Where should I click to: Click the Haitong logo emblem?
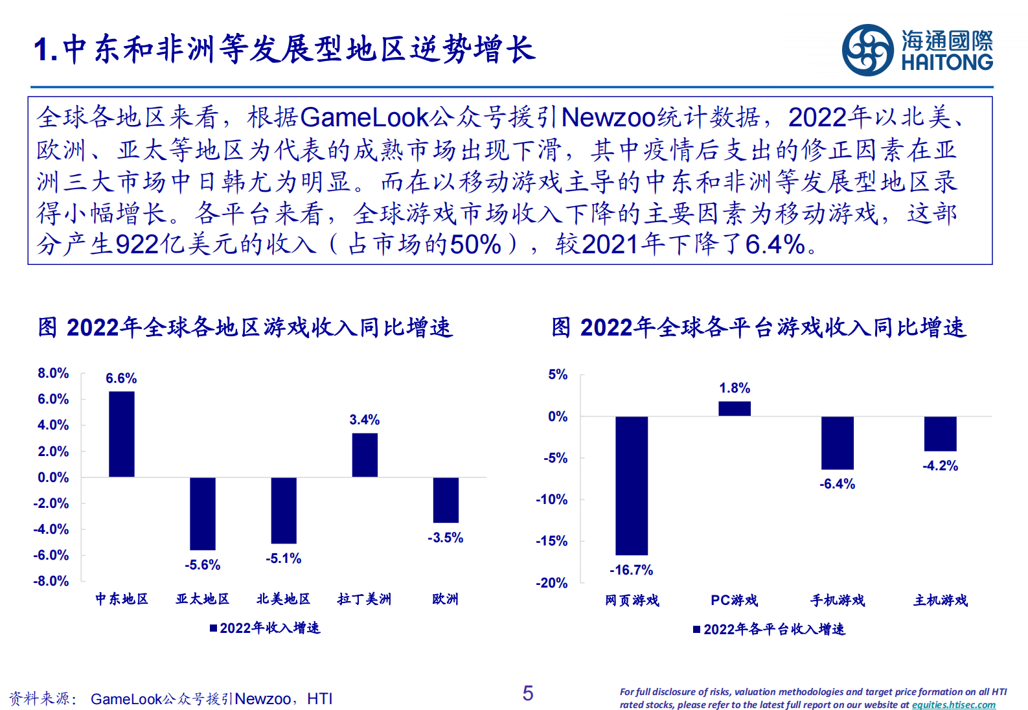click(x=868, y=50)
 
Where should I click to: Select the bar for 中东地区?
click(x=122, y=434)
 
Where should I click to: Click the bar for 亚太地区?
click(x=203, y=513)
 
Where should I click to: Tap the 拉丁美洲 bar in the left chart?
click(x=365, y=455)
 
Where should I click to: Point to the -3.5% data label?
click(x=445, y=538)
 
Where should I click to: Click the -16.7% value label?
click(x=631, y=570)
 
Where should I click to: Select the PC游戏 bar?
click(x=734, y=409)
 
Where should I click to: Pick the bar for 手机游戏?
click(x=837, y=442)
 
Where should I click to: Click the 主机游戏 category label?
click(x=940, y=601)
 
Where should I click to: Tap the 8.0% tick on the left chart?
click(x=53, y=373)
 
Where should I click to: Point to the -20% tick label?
click(x=551, y=583)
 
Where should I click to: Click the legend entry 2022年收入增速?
click(x=265, y=628)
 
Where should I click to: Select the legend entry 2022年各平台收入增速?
click(x=770, y=629)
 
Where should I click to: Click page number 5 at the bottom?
click(x=528, y=693)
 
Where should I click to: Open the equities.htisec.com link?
click(x=954, y=705)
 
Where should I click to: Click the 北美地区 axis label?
click(x=283, y=599)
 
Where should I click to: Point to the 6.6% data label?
click(x=121, y=378)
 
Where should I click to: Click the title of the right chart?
click(x=759, y=327)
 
